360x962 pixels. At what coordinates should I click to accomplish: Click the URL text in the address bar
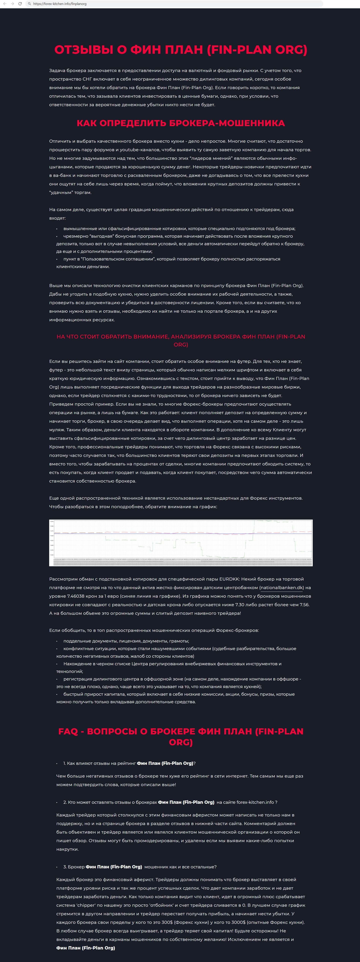(x=60, y=4)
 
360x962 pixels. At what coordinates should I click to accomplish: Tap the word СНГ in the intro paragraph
(x=84, y=79)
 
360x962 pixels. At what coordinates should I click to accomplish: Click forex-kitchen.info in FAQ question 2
(x=255, y=802)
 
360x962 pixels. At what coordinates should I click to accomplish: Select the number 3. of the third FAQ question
(x=65, y=867)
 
